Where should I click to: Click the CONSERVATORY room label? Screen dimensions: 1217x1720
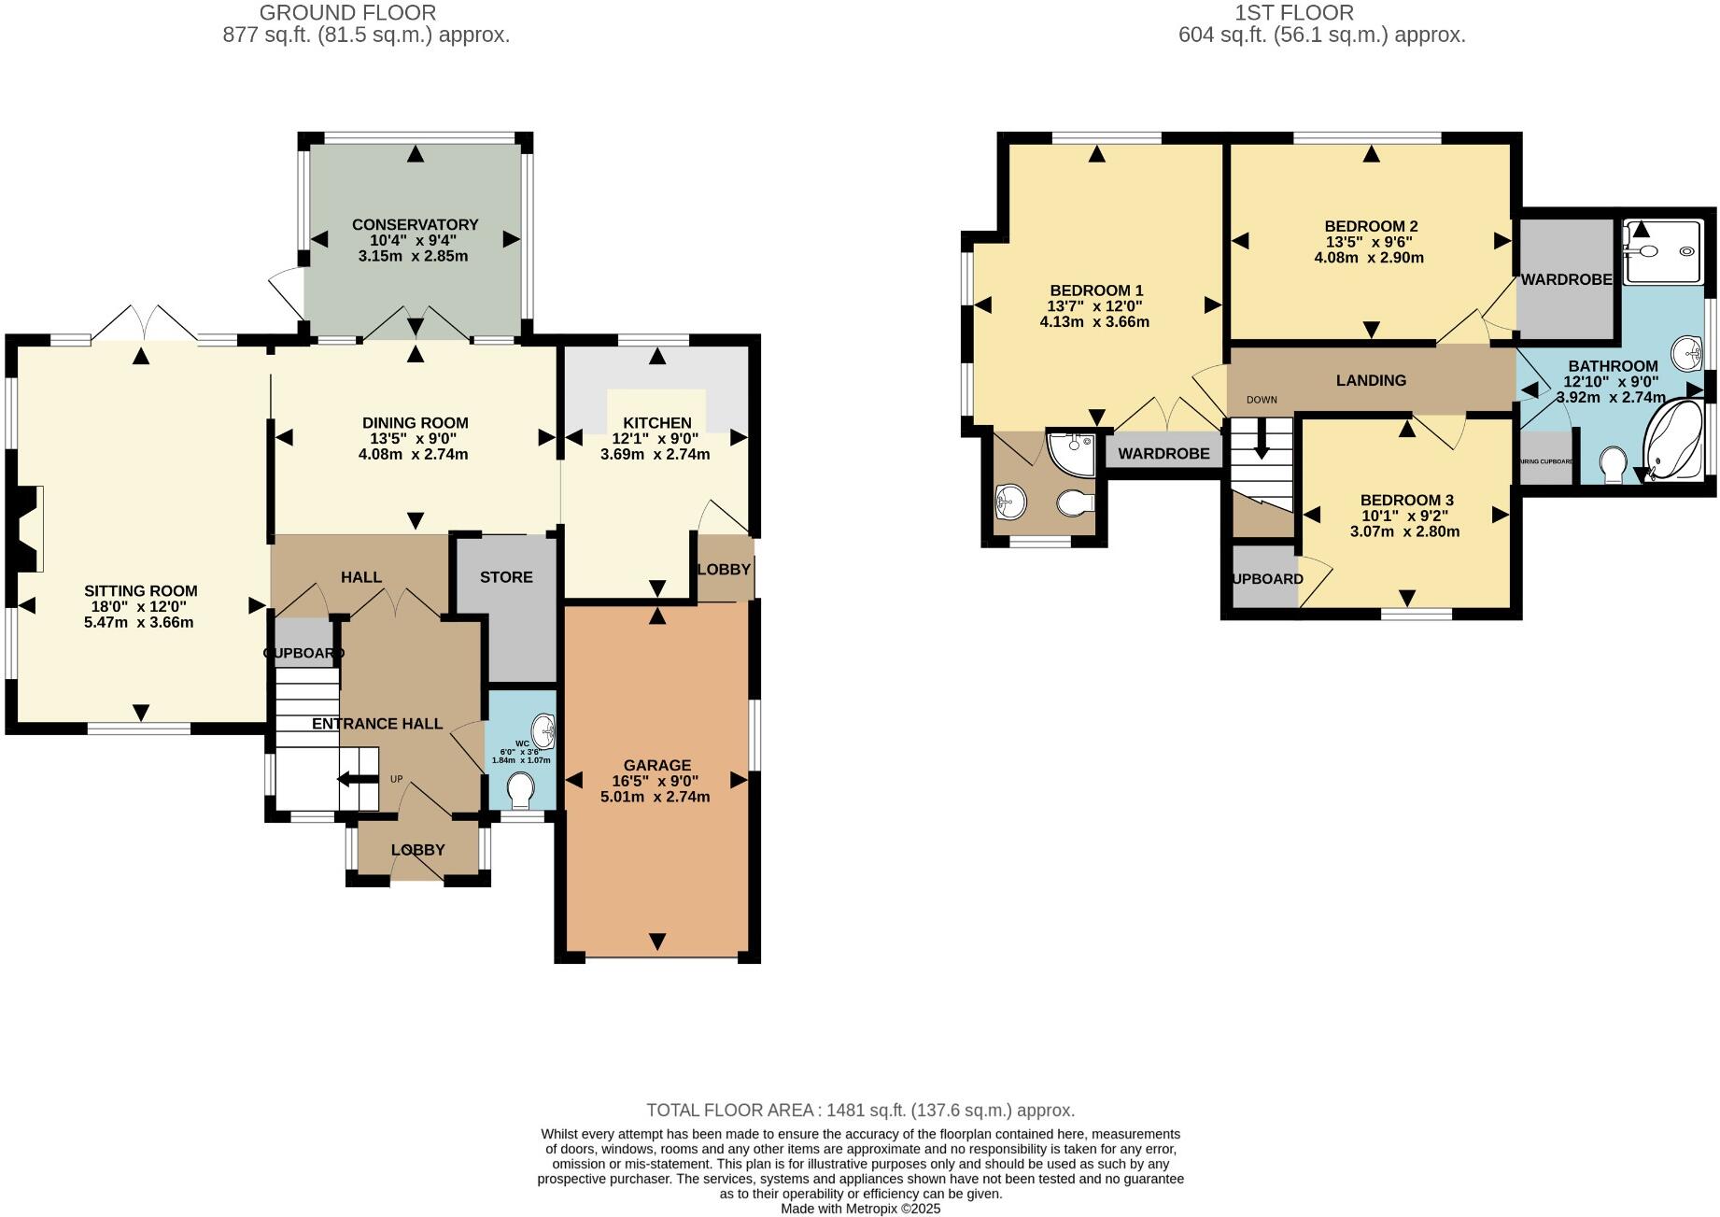coord(415,224)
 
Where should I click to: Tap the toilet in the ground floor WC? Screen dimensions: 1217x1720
coord(520,794)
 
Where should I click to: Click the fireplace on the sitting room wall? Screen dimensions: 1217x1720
coord(29,529)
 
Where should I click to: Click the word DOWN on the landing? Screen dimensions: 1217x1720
coord(1261,400)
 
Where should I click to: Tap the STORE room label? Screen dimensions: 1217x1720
coord(506,577)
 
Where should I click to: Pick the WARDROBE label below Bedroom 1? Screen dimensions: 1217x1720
coord(1163,454)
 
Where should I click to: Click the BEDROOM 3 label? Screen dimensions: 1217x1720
coord(1406,500)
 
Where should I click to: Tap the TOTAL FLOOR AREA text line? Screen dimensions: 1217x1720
coord(860,1111)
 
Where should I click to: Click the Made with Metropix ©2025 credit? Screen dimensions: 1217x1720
coord(860,1209)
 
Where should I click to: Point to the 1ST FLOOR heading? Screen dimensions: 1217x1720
coord(1293,13)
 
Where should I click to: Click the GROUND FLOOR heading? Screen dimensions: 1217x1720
coord(347,13)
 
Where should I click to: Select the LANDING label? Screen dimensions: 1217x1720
coord(1370,380)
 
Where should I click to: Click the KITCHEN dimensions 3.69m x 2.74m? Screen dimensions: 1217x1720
coord(655,455)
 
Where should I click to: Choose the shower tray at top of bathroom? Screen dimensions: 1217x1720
coord(1662,250)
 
